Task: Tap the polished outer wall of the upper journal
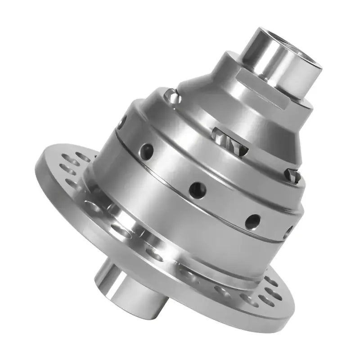point(270,54)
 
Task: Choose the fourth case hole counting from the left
point(253,220)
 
